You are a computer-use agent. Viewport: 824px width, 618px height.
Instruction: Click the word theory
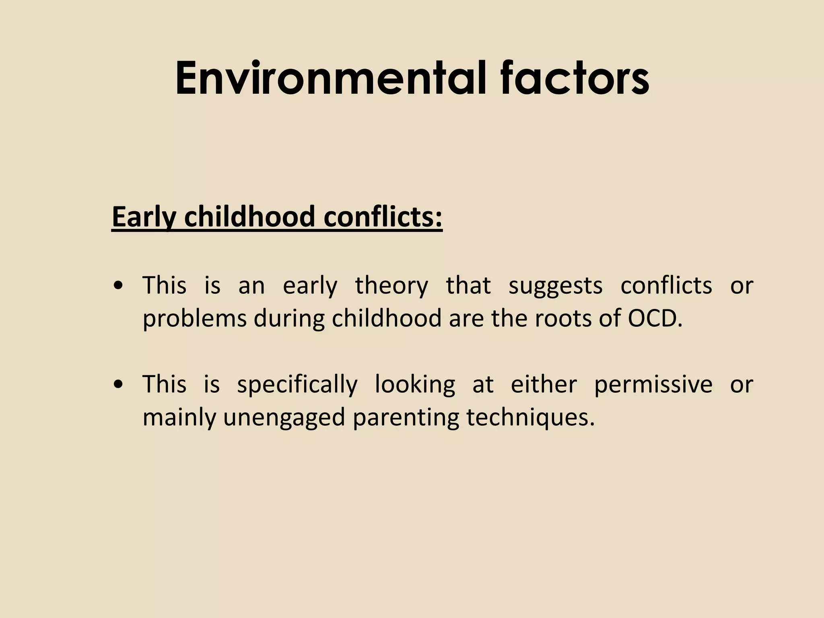click(391, 286)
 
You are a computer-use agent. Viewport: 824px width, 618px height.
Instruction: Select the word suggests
click(555, 286)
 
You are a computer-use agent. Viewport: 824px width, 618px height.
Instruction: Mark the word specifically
click(297, 385)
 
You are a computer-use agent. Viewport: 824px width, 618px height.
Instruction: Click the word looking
click(415, 385)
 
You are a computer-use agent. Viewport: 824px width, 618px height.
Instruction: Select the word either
click(544, 384)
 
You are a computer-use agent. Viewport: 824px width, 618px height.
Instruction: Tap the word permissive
click(653, 385)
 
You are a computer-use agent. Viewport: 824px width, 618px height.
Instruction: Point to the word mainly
click(179, 418)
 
